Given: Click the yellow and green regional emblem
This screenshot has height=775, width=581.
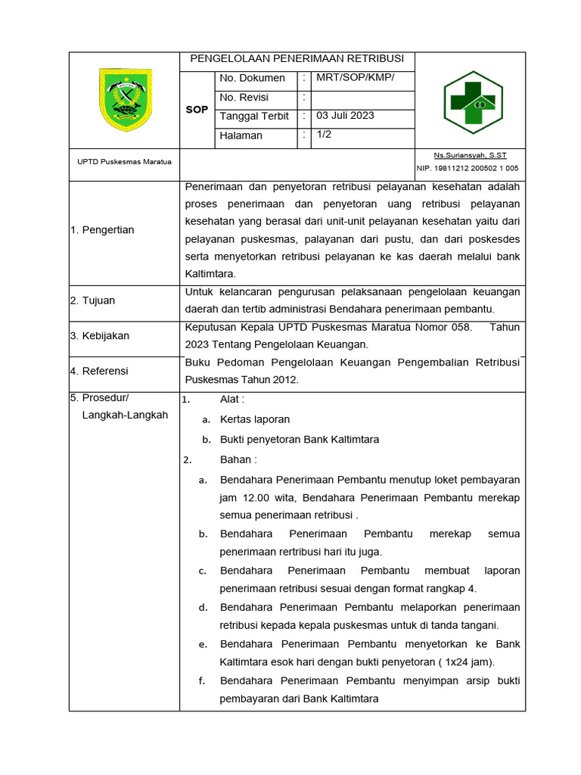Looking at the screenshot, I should [125, 99].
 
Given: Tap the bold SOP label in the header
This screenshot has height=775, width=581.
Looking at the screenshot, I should [197, 110].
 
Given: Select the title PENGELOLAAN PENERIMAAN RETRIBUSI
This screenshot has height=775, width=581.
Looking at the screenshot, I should [297, 59].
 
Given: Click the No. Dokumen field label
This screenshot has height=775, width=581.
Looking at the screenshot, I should [252, 78].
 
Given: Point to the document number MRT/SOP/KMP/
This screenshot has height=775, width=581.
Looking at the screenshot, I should [355, 78].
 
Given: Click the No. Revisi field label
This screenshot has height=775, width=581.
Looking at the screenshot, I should [244, 98].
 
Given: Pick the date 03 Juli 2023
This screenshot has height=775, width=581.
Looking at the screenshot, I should [345, 116].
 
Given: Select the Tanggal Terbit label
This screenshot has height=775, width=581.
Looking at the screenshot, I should [254, 117].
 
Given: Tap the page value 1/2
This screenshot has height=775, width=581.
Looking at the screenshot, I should [324, 135].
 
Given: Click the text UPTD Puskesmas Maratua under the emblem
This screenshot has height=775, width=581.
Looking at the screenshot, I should [124, 162].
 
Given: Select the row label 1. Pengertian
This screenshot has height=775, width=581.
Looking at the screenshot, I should [102, 230].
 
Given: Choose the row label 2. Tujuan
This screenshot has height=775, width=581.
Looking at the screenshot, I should [92, 300].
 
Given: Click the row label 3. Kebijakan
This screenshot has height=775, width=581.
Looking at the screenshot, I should [100, 335].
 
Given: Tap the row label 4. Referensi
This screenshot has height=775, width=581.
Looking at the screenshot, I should [99, 371].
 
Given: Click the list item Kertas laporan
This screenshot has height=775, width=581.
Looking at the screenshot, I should [255, 419].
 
